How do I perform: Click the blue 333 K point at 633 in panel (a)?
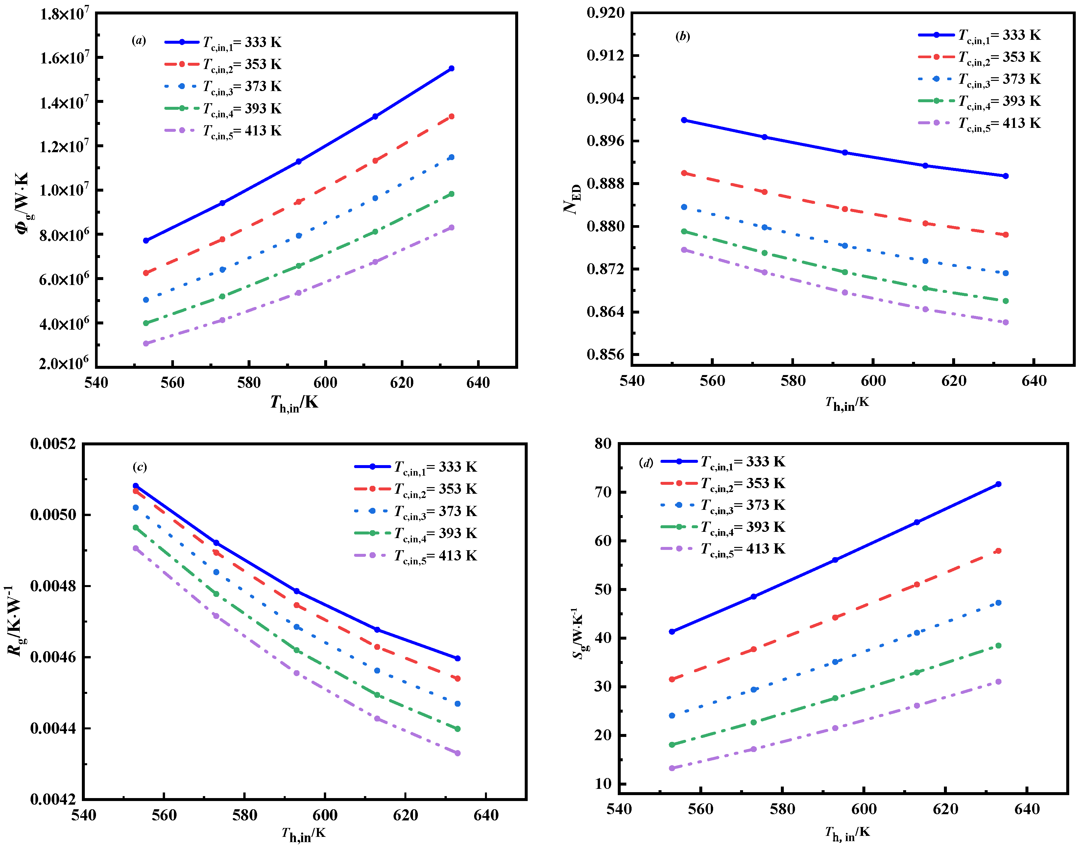(x=451, y=69)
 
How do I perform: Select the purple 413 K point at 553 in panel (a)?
(x=146, y=343)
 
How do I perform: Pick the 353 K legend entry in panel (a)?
(x=242, y=65)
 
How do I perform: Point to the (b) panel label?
(x=682, y=36)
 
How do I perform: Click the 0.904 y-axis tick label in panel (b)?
(x=605, y=98)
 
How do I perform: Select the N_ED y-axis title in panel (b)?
(x=572, y=199)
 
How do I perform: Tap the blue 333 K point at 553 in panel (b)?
(x=684, y=120)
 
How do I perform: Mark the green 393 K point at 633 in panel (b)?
(x=1005, y=301)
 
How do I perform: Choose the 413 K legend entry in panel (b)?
(x=999, y=123)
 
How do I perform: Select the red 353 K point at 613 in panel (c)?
(x=377, y=647)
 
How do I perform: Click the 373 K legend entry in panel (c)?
(x=436, y=511)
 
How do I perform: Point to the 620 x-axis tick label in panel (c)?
(x=405, y=815)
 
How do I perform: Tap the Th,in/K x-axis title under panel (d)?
(x=847, y=832)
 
